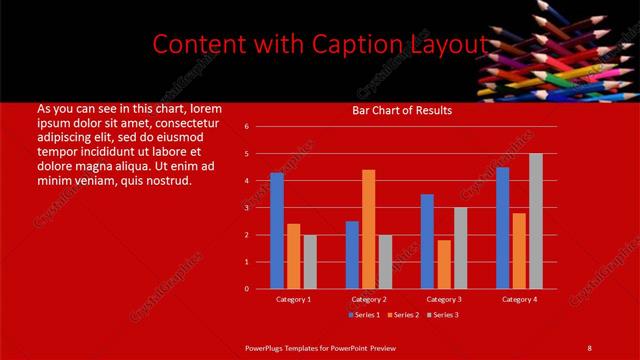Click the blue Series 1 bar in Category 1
277,231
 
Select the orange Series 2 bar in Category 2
368,229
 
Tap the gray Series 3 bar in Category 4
536,221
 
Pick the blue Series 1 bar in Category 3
427,241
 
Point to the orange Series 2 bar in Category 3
444,264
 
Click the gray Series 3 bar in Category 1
309,262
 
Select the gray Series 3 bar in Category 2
385,262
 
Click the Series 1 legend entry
366,315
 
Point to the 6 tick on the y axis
246,127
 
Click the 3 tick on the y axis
246,208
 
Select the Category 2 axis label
368,299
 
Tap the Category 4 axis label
519,299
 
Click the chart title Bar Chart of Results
402,110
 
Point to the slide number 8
589,347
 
